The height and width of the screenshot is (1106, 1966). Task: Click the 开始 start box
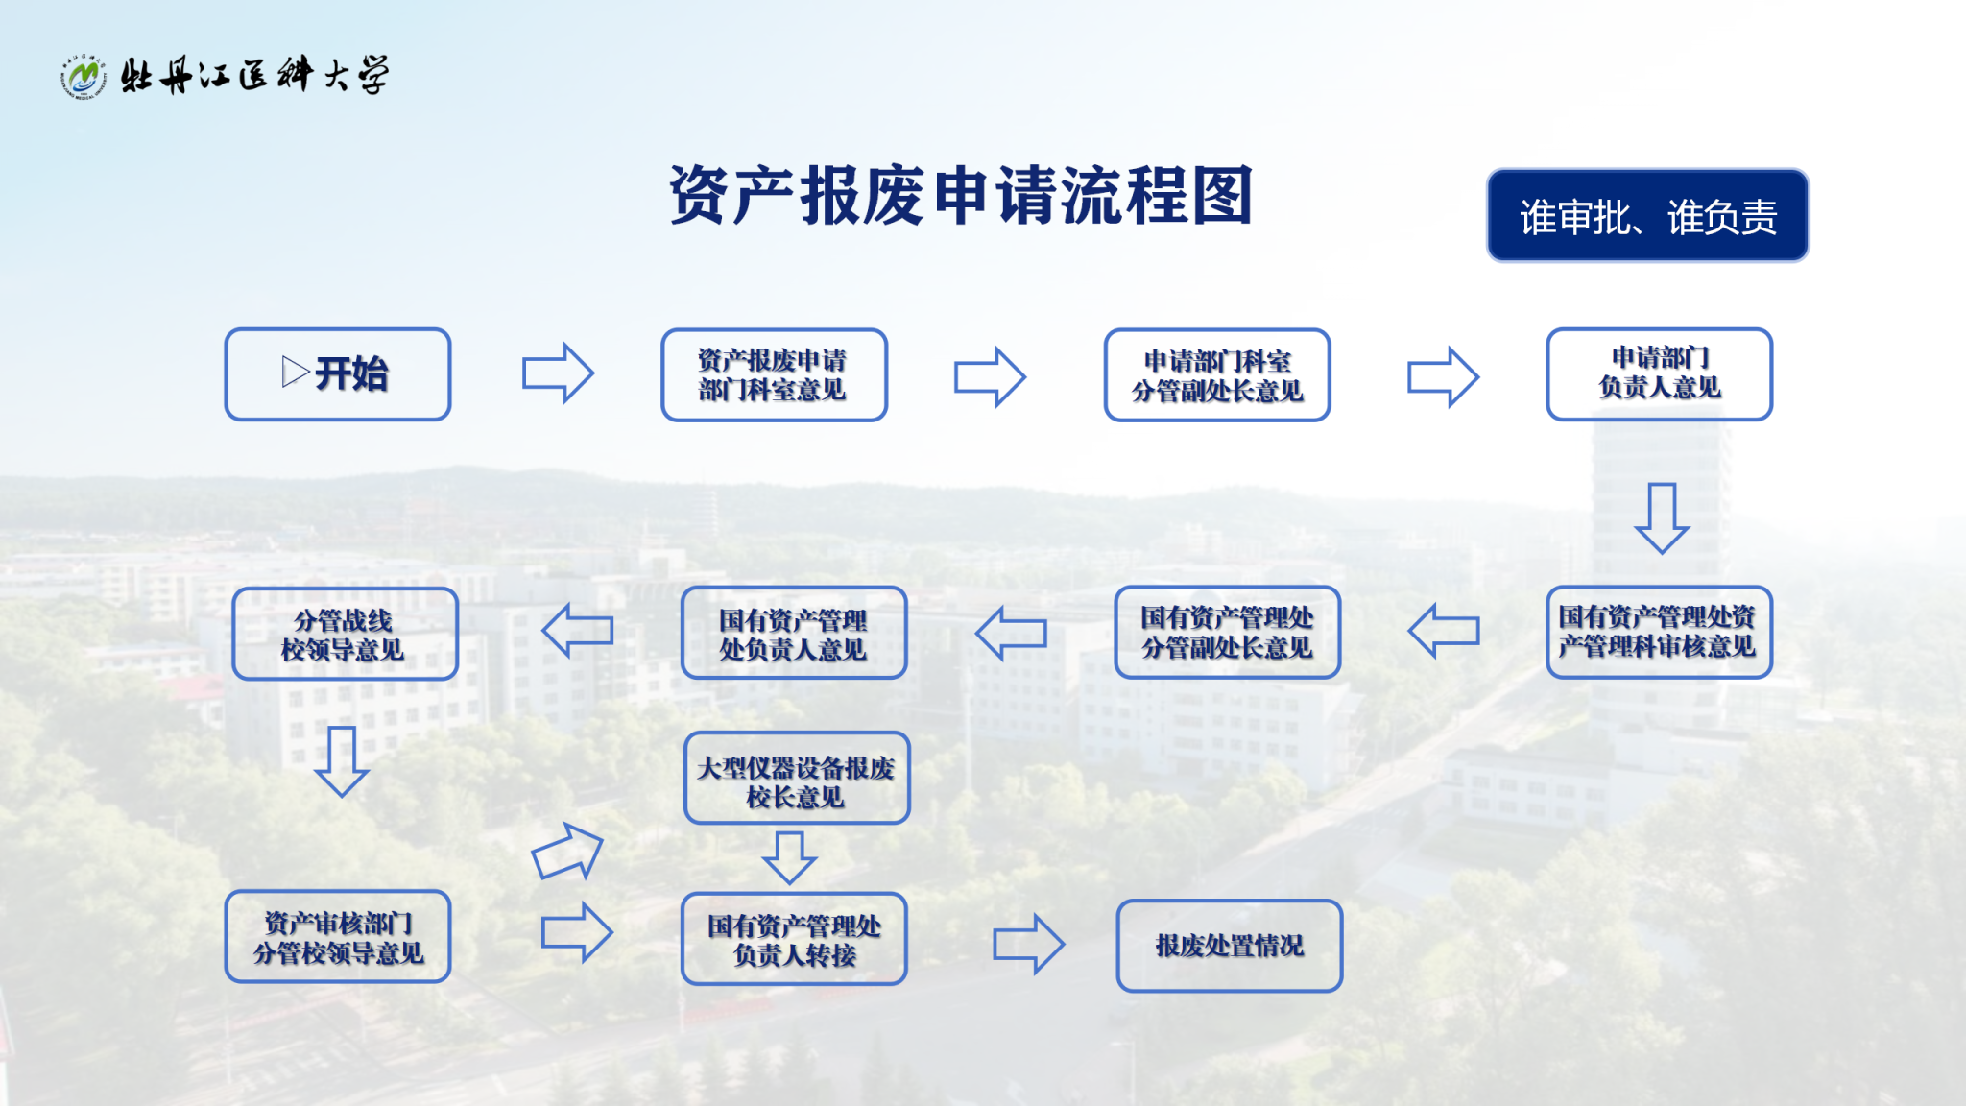point(337,374)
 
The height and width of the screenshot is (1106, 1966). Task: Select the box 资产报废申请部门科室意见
point(774,375)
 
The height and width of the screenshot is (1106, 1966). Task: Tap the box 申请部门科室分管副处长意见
point(1216,375)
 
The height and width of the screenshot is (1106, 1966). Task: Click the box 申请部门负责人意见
point(1659,373)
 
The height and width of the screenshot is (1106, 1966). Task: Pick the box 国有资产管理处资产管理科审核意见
point(1659,632)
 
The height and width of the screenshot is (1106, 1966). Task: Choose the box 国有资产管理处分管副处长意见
point(1227,632)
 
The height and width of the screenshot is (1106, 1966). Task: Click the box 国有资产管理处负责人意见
point(794,633)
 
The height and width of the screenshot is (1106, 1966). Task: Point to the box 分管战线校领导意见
point(345,634)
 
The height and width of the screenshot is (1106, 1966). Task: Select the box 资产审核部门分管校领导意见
point(338,937)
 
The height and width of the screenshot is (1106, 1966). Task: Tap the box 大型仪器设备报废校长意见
point(796,778)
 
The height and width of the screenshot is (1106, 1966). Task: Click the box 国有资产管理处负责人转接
point(794,939)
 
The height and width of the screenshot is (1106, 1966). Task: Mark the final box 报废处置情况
point(1229,946)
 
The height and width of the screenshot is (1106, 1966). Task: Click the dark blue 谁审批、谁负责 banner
point(1647,216)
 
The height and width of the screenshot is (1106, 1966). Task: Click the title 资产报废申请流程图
point(961,195)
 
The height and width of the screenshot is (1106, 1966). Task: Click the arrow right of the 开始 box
point(558,373)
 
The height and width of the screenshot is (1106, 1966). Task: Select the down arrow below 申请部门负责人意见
point(1662,517)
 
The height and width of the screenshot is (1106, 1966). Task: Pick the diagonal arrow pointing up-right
point(567,852)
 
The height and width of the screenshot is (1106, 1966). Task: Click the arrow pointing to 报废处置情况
point(1028,944)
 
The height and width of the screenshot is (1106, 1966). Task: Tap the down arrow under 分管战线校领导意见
point(342,761)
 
